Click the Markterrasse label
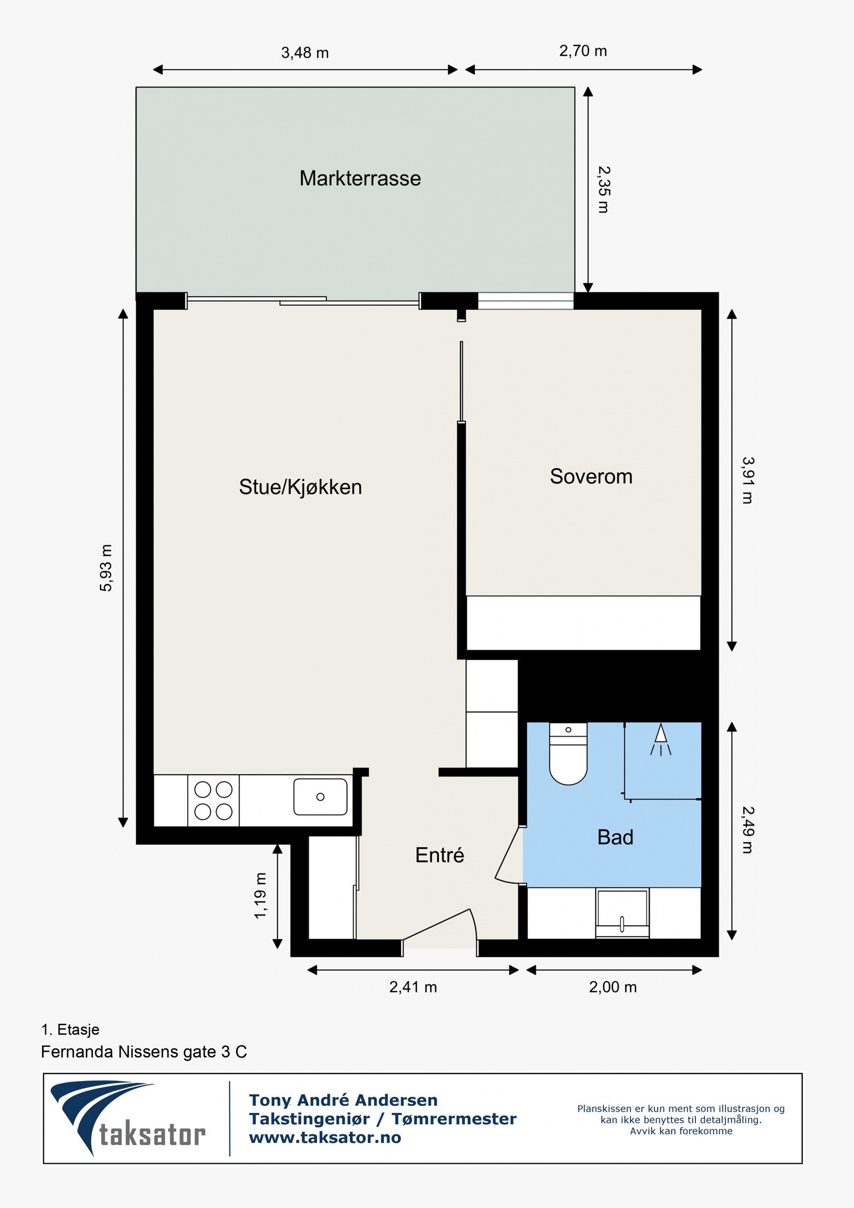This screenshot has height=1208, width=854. (360, 178)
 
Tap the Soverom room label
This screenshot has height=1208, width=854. (591, 476)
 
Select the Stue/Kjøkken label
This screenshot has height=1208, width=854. (300, 487)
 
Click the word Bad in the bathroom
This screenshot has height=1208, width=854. (615, 837)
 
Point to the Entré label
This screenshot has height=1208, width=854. (439, 855)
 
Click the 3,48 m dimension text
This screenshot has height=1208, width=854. (305, 53)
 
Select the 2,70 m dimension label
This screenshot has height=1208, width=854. (583, 51)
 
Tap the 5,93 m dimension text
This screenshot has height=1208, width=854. (106, 568)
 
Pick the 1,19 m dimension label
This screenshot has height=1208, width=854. (260, 895)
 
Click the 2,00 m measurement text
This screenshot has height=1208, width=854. (613, 987)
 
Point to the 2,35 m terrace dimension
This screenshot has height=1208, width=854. (604, 190)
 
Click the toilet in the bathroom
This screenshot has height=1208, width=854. (568, 754)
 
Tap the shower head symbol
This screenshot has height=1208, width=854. (661, 740)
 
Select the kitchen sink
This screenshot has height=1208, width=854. (320, 796)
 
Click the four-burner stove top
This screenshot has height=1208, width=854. (213, 800)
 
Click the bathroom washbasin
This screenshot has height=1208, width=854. (622, 913)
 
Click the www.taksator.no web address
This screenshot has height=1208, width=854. (325, 1138)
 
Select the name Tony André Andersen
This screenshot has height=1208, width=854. (343, 1100)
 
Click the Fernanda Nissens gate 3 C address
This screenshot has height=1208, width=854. (144, 1052)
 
